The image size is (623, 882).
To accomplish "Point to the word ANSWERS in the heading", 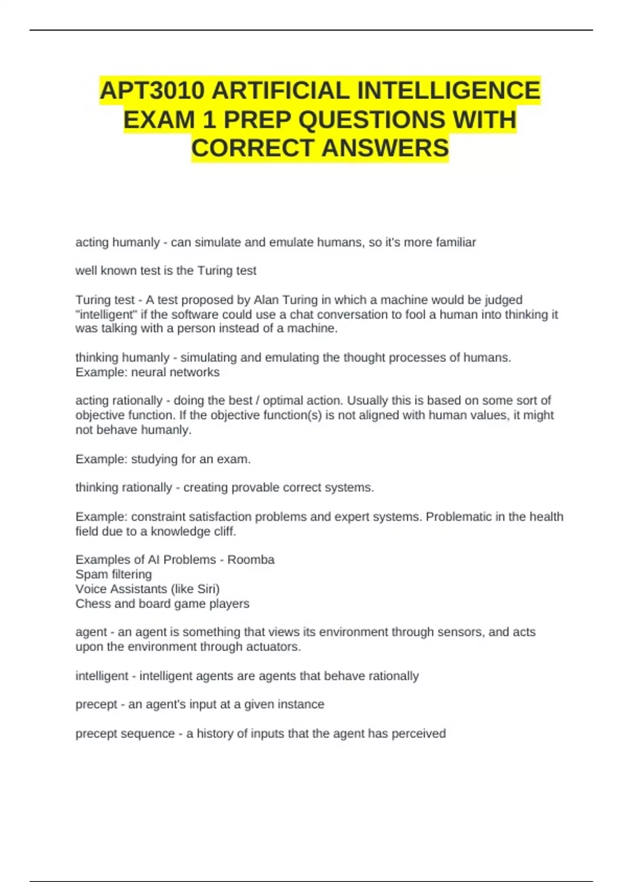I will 385,148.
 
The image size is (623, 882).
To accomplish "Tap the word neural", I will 152,372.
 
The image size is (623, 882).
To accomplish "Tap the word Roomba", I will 251,560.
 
